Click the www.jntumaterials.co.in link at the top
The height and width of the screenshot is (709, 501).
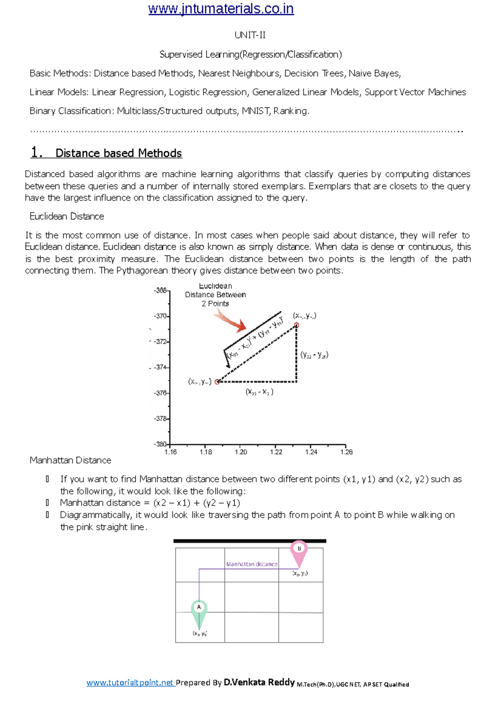coord(221,9)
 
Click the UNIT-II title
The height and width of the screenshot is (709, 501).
coord(250,35)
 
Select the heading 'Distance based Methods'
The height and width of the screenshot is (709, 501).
coord(119,153)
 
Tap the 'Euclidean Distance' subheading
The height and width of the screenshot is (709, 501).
coord(67,216)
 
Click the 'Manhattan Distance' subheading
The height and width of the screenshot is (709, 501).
coord(70,460)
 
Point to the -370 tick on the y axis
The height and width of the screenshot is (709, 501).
coord(161,316)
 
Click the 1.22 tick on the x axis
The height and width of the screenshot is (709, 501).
coord(276,452)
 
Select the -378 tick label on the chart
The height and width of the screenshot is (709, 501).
coord(160,418)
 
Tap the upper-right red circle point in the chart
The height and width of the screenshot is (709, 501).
coord(296,325)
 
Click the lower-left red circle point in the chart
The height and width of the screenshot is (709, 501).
coord(217,382)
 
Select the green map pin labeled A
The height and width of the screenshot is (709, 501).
coord(199,612)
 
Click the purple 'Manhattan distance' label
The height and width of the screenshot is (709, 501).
coord(251,564)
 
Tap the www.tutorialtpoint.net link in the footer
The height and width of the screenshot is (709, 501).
coord(130,683)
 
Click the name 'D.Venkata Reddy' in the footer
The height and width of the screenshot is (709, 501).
coord(259,682)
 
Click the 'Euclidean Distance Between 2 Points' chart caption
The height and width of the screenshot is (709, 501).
coord(215,295)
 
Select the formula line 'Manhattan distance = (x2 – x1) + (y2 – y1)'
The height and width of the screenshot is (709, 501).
coord(150,503)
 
